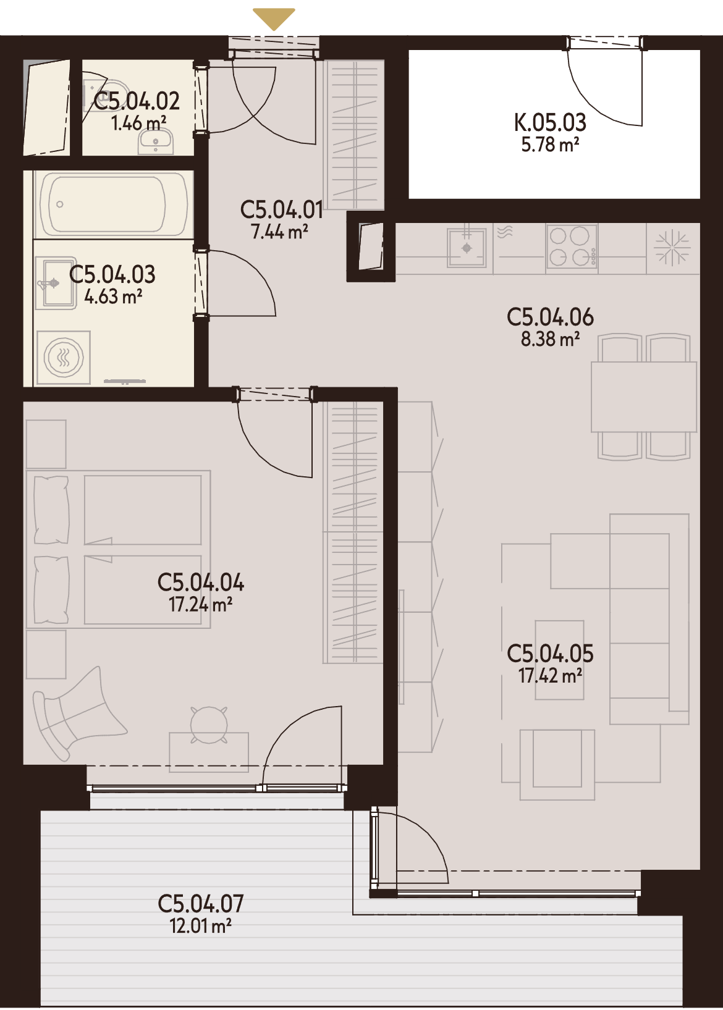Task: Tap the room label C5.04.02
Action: (x=137, y=101)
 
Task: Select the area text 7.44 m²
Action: (x=280, y=232)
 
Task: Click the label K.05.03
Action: (x=550, y=122)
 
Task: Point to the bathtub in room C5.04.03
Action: (x=113, y=204)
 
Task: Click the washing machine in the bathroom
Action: (x=64, y=358)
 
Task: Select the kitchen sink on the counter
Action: (x=467, y=248)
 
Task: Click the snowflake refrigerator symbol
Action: (x=672, y=248)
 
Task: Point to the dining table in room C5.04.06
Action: (x=644, y=397)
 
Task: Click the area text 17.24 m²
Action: (x=200, y=605)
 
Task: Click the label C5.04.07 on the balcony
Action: (x=201, y=904)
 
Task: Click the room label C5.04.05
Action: (x=550, y=654)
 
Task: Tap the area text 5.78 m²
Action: (x=550, y=145)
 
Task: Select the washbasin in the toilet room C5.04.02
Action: (x=156, y=141)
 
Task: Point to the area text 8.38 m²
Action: (x=550, y=340)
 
